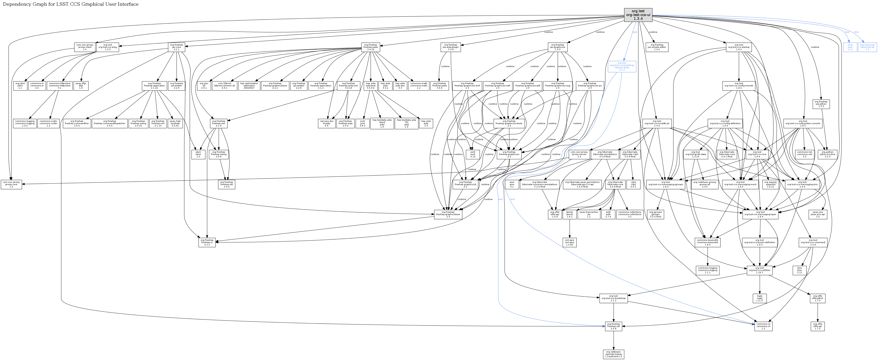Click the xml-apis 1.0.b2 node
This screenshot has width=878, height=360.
pyautogui.click(x=569, y=242)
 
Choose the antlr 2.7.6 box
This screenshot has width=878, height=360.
pyautogui.click(x=608, y=214)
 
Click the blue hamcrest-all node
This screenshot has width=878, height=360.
pyautogui.click(x=867, y=47)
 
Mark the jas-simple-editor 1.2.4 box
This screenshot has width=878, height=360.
pyautogui.click(x=657, y=47)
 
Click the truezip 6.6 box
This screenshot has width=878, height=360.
pyautogui.click(x=326, y=123)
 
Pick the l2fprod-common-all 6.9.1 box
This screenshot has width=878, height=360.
pyautogui.click(x=224, y=86)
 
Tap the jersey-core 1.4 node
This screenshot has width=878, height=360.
pyautogui.click(x=11, y=184)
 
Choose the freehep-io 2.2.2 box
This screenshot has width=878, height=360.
pyautogui.click(x=207, y=242)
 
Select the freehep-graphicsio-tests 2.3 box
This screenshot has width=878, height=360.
pyautogui.click(x=509, y=123)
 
